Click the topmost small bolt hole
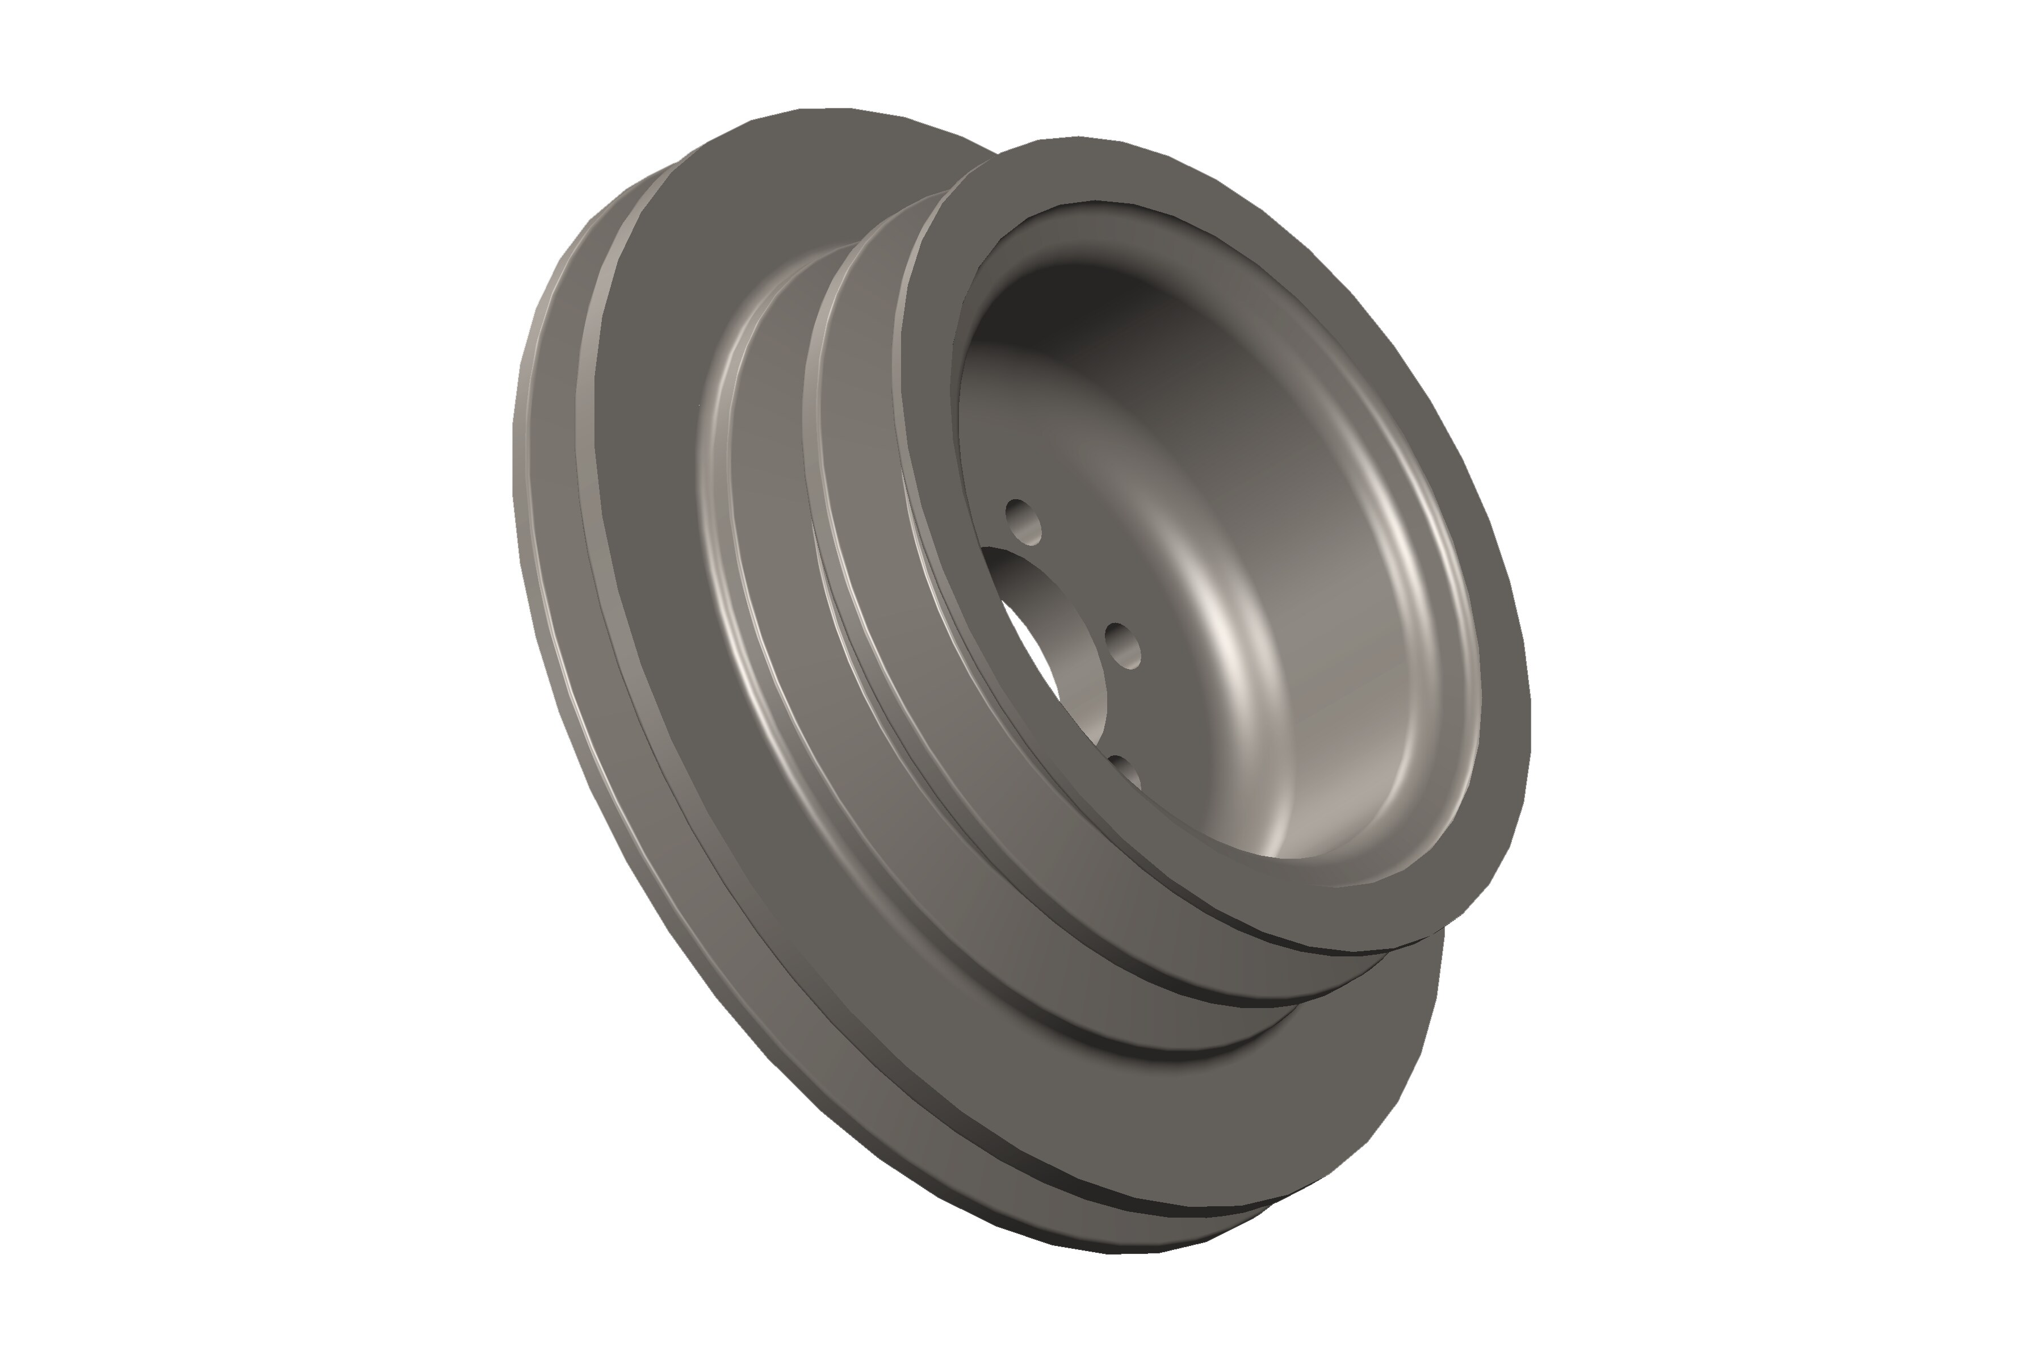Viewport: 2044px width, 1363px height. (x=1024, y=521)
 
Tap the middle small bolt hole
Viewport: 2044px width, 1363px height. (x=1123, y=645)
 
